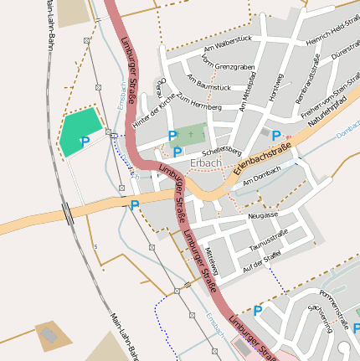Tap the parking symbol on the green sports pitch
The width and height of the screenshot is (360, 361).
(85, 142)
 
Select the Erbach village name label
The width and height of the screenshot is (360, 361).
(206, 162)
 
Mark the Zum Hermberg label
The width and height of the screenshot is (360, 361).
(199, 107)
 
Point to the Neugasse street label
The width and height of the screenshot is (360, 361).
(263, 214)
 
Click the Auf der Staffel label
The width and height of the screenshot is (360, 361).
(261, 264)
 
